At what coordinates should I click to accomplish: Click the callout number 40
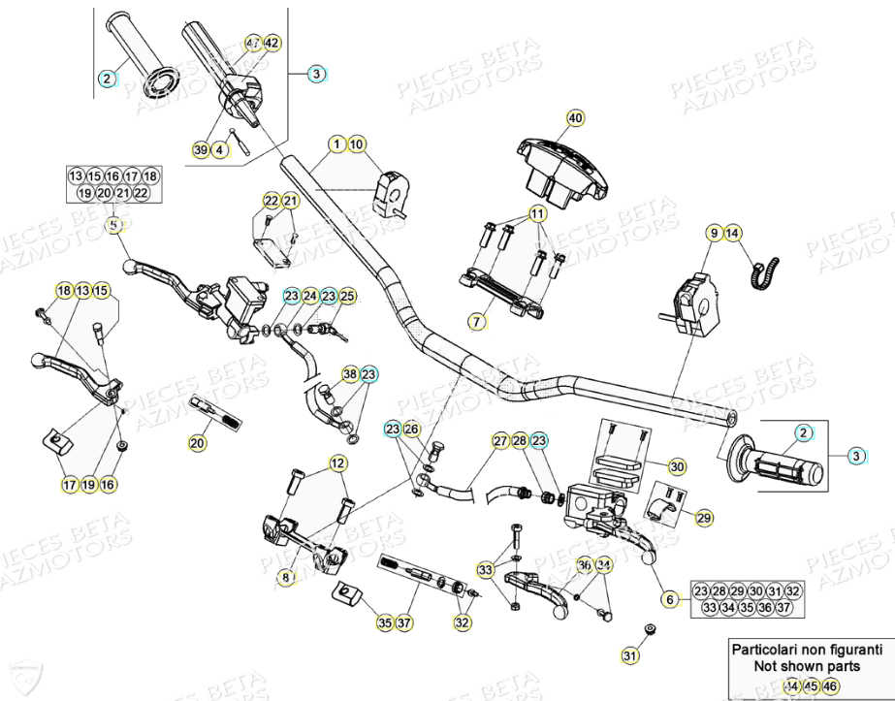(576, 118)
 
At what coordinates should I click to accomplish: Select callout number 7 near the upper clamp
(476, 321)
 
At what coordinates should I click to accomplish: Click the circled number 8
(285, 578)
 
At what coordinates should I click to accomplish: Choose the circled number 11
(537, 213)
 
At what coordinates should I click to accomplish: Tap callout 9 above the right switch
(714, 233)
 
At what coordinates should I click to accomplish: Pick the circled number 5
(113, 225)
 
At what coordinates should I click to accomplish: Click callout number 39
(201, 150)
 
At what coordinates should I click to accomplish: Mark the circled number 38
(349, 374)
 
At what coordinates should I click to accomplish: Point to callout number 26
(412, 430)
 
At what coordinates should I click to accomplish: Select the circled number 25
(347, 296)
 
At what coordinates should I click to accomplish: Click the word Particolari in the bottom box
(766, 650)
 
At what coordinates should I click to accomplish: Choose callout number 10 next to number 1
(356, 144)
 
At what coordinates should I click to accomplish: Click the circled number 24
(309, 296)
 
